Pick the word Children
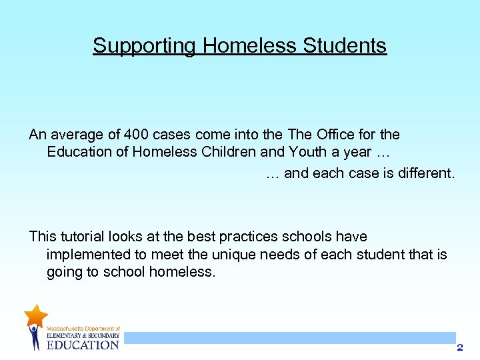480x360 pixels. point(229,151)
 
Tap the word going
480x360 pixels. point(65,271)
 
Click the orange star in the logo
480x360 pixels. point(35,315)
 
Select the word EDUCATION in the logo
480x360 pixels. point(83,344)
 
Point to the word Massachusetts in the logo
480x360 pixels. point(65,329)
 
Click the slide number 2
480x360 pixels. point(459,347)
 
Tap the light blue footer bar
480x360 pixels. point(289,338)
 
